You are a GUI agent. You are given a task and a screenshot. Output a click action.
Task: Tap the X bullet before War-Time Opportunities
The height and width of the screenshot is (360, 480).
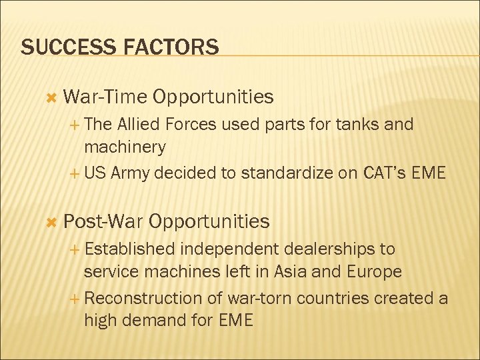pos(48,98)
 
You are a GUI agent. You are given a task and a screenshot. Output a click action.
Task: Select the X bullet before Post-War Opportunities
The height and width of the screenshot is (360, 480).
pos(48,222)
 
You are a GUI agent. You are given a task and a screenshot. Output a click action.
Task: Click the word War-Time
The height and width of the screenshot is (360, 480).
pos(105,97)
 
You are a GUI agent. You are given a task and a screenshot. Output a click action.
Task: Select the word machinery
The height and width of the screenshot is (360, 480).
pos(125,146)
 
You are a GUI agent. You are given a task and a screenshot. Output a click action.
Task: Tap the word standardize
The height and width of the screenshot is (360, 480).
pos(291,173)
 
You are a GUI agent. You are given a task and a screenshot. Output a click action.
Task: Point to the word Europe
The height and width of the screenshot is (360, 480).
pos(373,271)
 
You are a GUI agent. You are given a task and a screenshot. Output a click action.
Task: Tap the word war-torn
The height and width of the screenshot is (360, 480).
pos(258,299)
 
